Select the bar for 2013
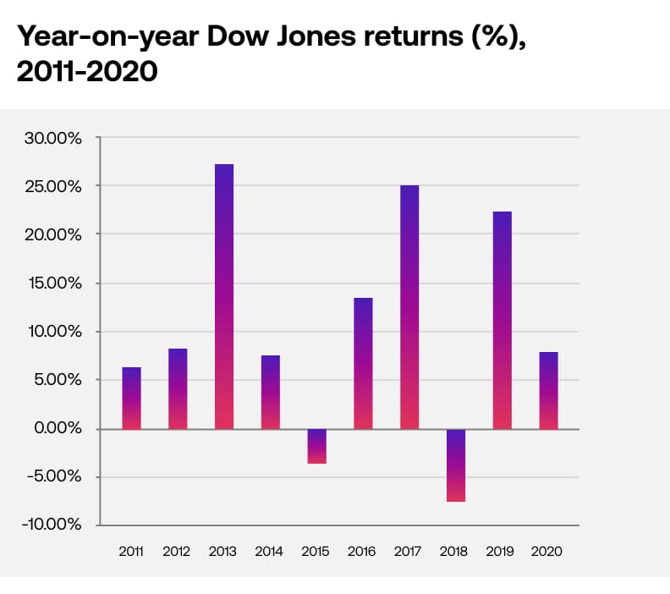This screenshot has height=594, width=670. click(x=224, y=297)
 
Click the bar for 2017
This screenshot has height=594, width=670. click(x=409, y=307)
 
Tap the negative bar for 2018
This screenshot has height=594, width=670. click(x=456, y=465)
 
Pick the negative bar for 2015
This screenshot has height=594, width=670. click(x=316, y=446)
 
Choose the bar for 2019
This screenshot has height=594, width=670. click(x=502, y=321)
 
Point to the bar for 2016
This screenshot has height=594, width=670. click(x=363, y=364)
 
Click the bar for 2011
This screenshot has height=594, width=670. click(x=131, y=398)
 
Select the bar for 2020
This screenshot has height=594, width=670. click(x=548, y=391)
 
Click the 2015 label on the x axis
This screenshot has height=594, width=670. click(x=316, y=551)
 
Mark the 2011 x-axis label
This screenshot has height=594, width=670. click(x=131, y=551)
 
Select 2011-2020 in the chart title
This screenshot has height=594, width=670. click(x=87, y=72)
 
